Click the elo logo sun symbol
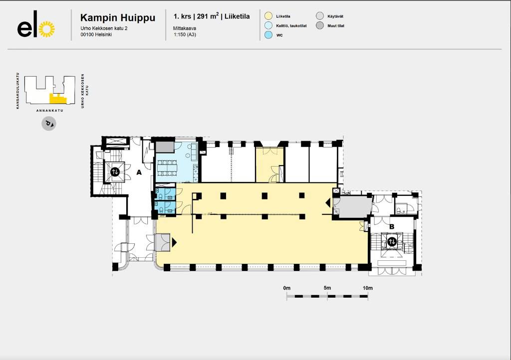pos(46,29)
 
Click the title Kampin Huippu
pos(118,17)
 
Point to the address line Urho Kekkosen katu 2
pos(104,28)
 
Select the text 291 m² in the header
pos(208,16)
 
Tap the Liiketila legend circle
pos(268,16)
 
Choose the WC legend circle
pos(268,35)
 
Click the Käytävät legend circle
pos(320,16)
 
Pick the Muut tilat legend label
pos(336,26)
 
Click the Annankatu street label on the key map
pos(49,111)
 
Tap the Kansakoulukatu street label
pos(17,90)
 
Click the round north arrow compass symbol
pos(48,124)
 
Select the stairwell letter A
pos(139,172)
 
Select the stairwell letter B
pos(392,226)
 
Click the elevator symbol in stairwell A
pos(115,172)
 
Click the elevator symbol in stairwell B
pos(392,242)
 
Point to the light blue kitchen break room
pos(177,163)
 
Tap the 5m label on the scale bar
pos(327,288)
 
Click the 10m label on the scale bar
pos(368,288)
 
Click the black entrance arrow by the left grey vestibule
pos(174,242)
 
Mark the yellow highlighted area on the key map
pos(57,99)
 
